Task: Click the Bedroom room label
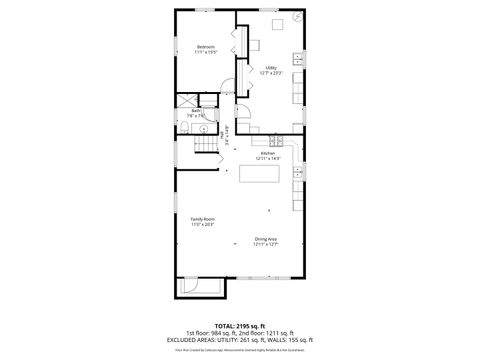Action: [x=207, y=47]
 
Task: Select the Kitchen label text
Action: [x=267, y=153]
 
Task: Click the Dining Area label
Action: [x=266, y=238]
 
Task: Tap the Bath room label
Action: [x=196, y=111]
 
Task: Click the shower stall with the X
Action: [x=187, y=99]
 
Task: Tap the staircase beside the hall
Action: [x=207, y=146]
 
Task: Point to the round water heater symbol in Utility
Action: [x=296, y=18]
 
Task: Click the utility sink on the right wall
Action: [x=298, y=56]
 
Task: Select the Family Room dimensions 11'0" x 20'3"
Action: [x=204, y=225]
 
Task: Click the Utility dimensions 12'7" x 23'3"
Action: [x=271, y=73]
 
